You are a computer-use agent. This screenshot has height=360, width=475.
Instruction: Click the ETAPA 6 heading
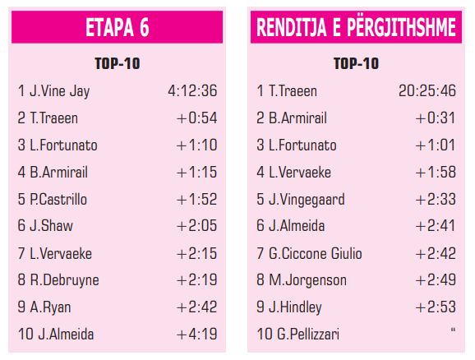click(x=118, y=27)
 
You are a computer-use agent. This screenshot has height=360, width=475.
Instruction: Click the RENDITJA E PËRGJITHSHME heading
click(x=356, y=27)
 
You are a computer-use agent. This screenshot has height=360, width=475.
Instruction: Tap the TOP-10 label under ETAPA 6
click(x=118, y=63)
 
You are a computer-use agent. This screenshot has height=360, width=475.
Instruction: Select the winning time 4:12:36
click(x=192, y=90)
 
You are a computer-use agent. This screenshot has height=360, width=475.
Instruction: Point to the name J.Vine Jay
click(x=59, y=91)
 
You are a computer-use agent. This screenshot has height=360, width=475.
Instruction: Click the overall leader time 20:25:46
click(x=427, y=90)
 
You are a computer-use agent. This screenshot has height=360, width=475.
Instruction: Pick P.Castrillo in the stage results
click(x=58, y=200)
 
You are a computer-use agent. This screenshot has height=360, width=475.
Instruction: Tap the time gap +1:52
click(x=197, y=200)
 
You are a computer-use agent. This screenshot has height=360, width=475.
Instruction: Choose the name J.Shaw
click(x=51, y=226)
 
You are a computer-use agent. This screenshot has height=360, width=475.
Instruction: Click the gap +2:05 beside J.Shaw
click(x=197, y=226)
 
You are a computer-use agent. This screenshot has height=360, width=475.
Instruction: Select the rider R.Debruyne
click(x=64, y=280)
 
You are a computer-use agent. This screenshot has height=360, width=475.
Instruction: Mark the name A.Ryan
click(x=50, y=307)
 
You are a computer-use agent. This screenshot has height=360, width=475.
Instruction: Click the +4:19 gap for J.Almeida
click(x=197, y=335)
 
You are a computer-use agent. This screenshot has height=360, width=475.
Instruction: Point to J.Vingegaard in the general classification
click(x=307, y=200)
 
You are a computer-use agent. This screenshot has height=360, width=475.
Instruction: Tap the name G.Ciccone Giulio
click(x=315, y=253)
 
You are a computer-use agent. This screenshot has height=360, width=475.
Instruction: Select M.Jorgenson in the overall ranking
click(x=307, y=280)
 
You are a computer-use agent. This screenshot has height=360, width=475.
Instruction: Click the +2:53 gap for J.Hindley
click(x=436, y=307)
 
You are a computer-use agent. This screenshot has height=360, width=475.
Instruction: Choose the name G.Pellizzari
click(x=308, y=335)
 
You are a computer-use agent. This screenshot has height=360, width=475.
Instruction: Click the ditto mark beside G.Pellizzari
click(x=453, y=330)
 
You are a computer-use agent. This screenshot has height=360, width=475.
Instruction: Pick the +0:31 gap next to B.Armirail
click(x=436, y=118)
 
